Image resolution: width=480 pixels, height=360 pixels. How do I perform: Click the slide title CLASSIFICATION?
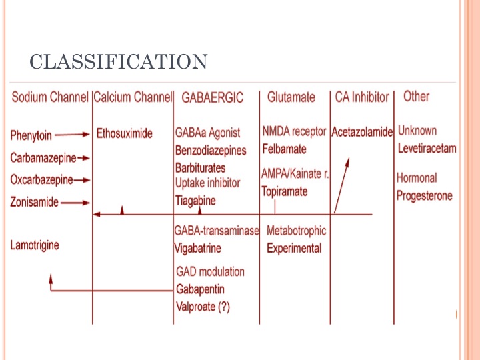(x=119, y=61)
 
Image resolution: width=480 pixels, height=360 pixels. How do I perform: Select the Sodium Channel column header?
(x=50, y=97)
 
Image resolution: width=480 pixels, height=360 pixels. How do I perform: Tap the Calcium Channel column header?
(x=133, y=97)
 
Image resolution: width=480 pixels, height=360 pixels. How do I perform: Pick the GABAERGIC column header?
(x=212, y=97)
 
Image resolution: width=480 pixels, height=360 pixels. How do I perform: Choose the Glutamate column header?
(x=291, y=97)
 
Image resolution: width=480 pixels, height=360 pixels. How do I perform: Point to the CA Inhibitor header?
(x=362, y=97)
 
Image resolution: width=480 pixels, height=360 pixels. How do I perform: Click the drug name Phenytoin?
(x=31, y=135)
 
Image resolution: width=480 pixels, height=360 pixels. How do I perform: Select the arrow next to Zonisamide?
(x=75, y=203)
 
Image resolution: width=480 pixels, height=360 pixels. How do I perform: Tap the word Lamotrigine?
(x=35, y=245)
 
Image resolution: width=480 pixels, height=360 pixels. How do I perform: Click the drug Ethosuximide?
(x=124, y=133)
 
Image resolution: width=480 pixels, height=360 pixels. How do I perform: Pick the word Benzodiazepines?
(x=211, y=150)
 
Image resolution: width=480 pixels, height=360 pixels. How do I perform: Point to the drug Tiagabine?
(x=195, y=201)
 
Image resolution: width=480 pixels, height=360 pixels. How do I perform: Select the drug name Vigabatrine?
(x=197, y=248)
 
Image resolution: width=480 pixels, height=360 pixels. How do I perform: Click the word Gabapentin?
(x=200, y=289)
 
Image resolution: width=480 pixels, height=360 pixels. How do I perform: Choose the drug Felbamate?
(x=284, y=149)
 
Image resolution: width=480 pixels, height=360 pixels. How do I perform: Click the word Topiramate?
(x=285, y=191)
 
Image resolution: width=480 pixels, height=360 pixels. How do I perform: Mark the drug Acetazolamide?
(x=362, y=132)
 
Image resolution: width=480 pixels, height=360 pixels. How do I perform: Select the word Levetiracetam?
(x=427, y=149)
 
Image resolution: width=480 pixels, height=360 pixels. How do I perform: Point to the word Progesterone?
(x=424, y=195)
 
